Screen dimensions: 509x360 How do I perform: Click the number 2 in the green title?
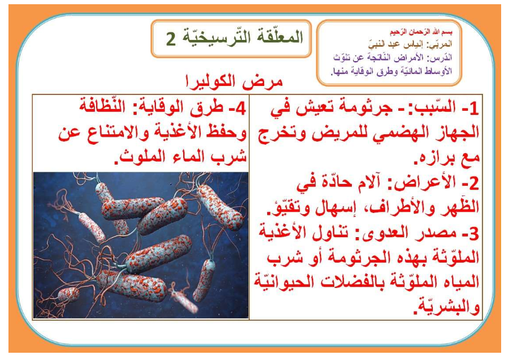[170, 39]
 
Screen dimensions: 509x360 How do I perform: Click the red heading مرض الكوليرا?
[234, 82]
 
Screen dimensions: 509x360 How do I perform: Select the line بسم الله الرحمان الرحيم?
[421, 32]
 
